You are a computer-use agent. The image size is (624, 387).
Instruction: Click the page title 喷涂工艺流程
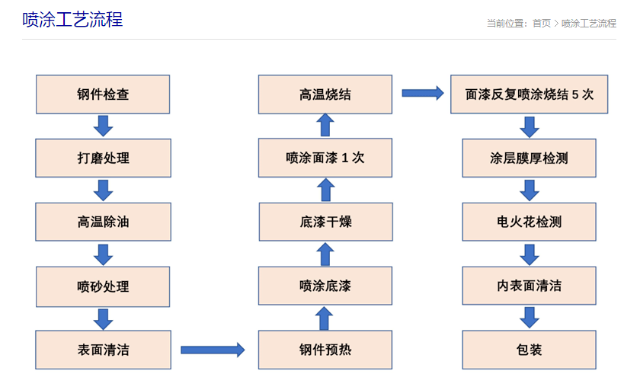72,20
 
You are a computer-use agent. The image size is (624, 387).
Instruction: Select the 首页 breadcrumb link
541,23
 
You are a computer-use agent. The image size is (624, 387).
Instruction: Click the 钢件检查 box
103,94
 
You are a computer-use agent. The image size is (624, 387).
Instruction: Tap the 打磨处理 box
103,158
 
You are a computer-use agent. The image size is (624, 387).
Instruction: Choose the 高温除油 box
103,222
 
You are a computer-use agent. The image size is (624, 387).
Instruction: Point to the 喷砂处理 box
103,286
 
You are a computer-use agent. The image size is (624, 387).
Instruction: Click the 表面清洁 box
103,350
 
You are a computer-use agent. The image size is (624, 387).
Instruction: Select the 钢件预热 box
325,350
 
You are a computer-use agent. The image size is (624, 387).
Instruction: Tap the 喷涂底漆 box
325,286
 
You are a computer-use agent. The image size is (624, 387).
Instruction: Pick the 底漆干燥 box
325,222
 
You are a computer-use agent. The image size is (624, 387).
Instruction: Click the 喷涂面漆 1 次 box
325,158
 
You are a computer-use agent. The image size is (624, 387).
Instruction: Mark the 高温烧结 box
325,94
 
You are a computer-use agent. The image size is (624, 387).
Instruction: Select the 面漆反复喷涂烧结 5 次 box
529,94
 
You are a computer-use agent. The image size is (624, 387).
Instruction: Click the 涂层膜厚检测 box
529,158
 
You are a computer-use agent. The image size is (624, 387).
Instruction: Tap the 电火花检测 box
529,222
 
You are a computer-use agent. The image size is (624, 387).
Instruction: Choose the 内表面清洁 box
529,286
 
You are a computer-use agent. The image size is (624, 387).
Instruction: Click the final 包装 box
529,350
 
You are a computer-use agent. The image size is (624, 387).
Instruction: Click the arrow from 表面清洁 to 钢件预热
213,350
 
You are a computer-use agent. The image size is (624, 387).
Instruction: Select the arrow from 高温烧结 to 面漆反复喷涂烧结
422,93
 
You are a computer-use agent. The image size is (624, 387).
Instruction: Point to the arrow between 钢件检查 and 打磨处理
103,126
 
